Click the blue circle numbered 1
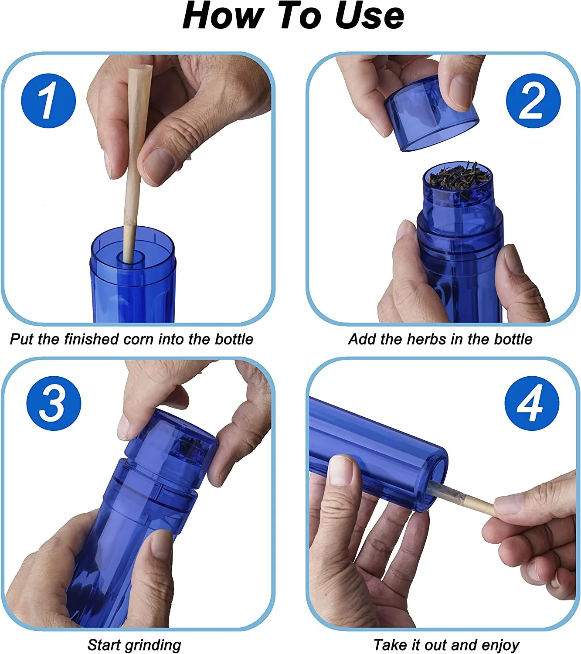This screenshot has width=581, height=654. (48, 101)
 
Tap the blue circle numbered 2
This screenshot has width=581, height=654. (533, 101)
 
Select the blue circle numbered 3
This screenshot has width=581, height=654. (54, 403)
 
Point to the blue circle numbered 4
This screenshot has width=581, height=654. (532, 403)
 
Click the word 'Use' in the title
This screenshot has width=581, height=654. (369, 16)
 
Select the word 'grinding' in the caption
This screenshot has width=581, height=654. (153, 643)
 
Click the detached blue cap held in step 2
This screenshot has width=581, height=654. (432, 113)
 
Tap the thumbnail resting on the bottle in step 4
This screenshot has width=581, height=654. (340, 470)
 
